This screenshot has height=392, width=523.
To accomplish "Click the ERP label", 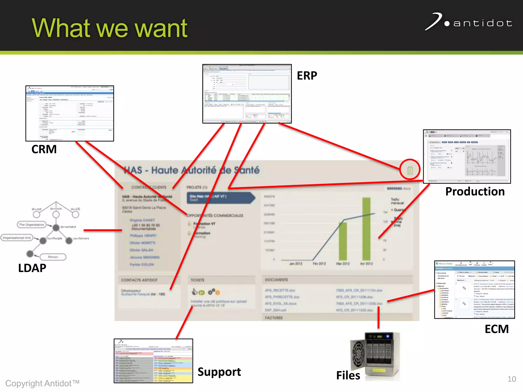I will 307,76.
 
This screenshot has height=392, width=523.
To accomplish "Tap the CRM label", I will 44,149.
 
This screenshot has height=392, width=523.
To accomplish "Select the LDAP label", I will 32,268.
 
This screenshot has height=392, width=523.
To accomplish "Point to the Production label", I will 475,191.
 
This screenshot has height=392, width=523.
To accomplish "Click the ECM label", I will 497,329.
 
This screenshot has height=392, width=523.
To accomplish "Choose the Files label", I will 348,375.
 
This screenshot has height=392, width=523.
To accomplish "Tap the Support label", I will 219,372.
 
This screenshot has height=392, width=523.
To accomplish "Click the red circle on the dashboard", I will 410,170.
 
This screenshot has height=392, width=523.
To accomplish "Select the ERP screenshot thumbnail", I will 247,94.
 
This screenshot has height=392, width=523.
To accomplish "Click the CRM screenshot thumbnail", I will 70,113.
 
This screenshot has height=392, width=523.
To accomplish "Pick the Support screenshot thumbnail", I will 153,361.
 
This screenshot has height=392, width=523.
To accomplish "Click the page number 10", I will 512,379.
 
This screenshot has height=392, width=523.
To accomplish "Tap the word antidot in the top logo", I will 483,23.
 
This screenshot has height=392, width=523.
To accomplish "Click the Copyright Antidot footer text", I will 42,383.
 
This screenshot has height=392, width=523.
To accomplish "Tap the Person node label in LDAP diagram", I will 53,257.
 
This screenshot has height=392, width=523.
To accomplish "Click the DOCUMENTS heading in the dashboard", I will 276,280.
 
